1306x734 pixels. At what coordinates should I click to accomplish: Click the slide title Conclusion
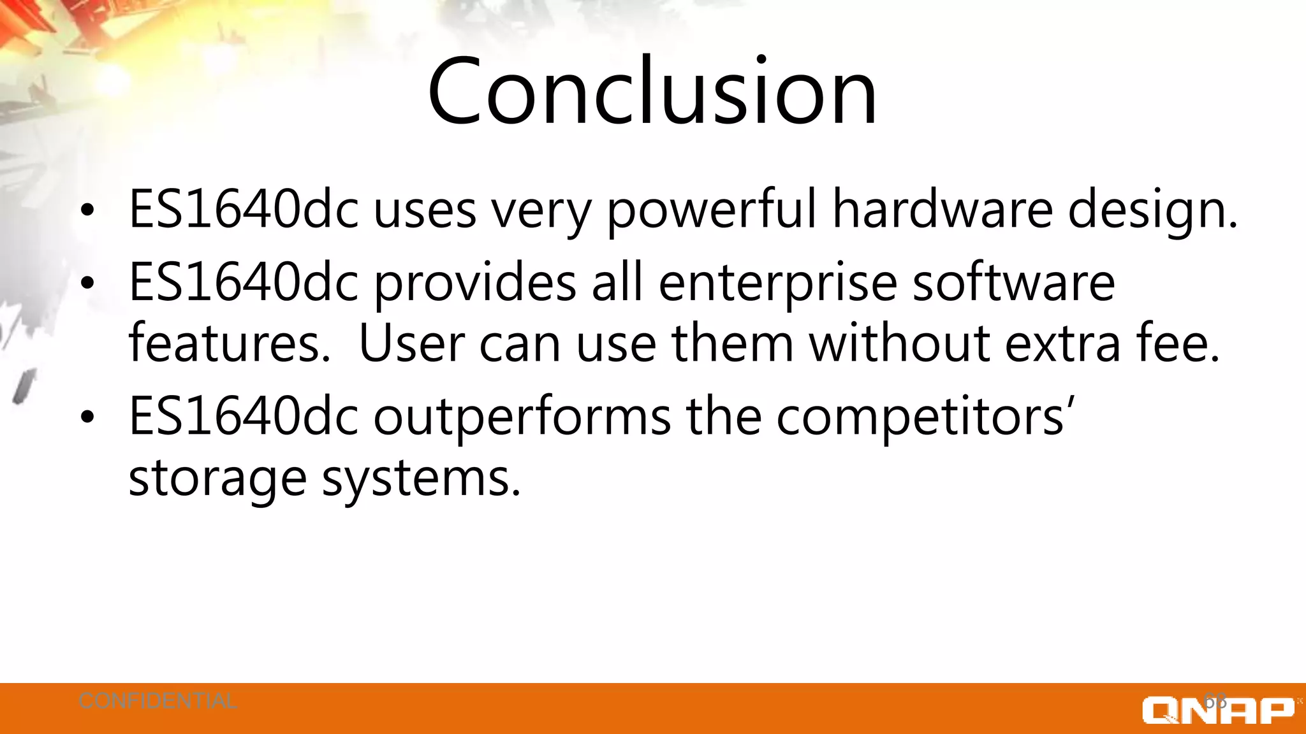click(652, 90)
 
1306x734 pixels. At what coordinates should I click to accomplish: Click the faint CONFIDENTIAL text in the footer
click(158, 701)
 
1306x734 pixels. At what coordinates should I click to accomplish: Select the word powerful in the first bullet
click(710, 210)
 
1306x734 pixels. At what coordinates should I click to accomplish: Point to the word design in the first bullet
click(1151, 210)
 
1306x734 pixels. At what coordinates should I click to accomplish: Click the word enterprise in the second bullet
click(777, 284)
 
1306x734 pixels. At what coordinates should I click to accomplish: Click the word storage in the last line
click(217, 479)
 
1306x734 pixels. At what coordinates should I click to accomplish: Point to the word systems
click(420, 479)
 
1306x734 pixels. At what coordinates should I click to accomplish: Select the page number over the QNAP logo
click(1215, 701)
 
